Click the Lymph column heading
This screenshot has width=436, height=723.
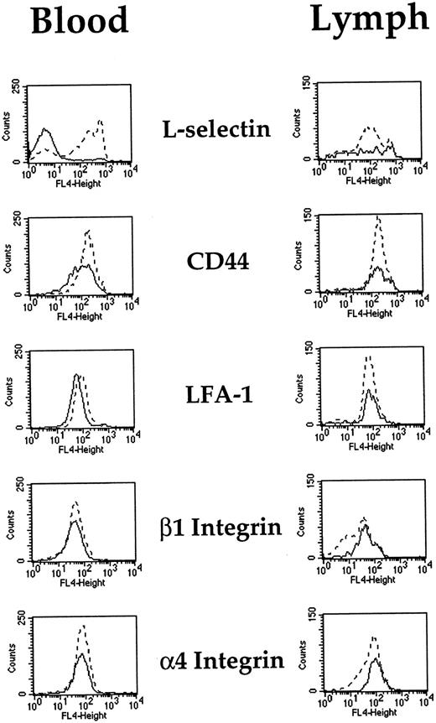366,20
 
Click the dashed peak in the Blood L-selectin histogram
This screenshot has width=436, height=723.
100,122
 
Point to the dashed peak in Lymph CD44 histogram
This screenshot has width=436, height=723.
378,218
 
